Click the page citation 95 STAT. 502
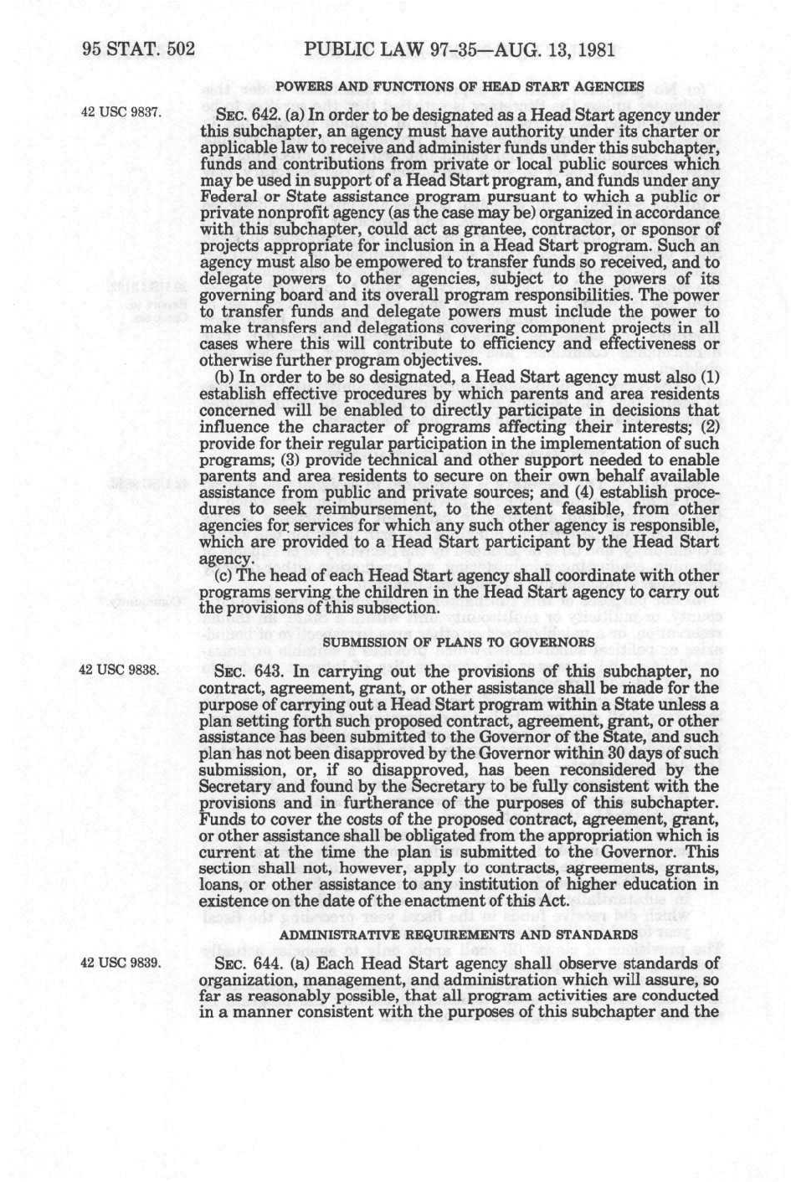(138, 49)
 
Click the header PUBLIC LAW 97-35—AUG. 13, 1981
(460, 49)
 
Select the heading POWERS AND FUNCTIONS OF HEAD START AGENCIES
(460, 86)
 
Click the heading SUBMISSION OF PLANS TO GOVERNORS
(459, 642)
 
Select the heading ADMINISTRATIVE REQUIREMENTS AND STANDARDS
(459, 933)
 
